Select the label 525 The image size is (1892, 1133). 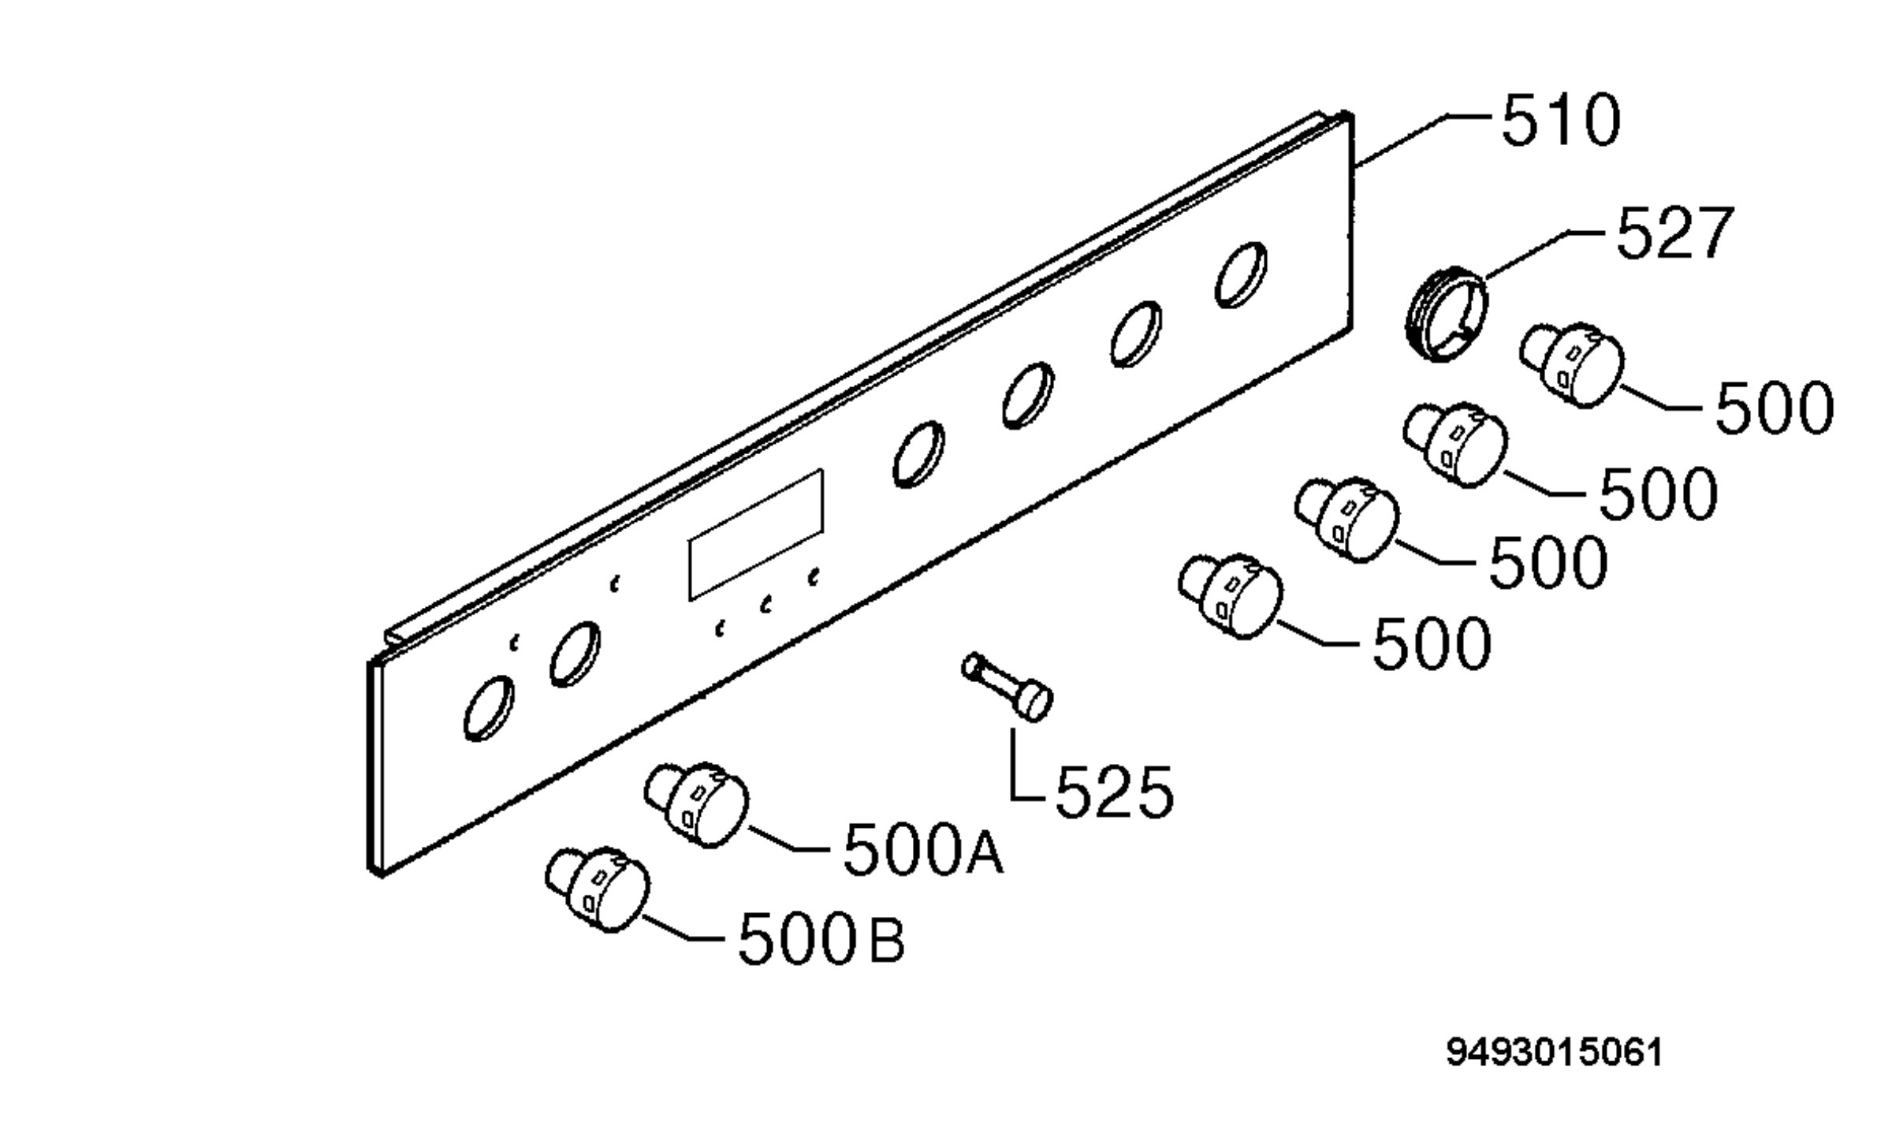[1114, 792]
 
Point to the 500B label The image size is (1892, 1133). [821, 937]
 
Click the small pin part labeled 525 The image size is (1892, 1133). [1007, 686]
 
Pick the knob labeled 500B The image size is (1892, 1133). [597, 890]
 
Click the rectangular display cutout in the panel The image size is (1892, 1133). [755, 535]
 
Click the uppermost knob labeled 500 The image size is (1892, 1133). [1571, 364]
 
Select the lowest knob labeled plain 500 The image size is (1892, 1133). [1230, 595]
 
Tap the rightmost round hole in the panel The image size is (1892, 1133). [1241, 273]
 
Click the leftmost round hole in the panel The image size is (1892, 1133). [489, 706]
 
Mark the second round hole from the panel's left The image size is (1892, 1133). [575, 654]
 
